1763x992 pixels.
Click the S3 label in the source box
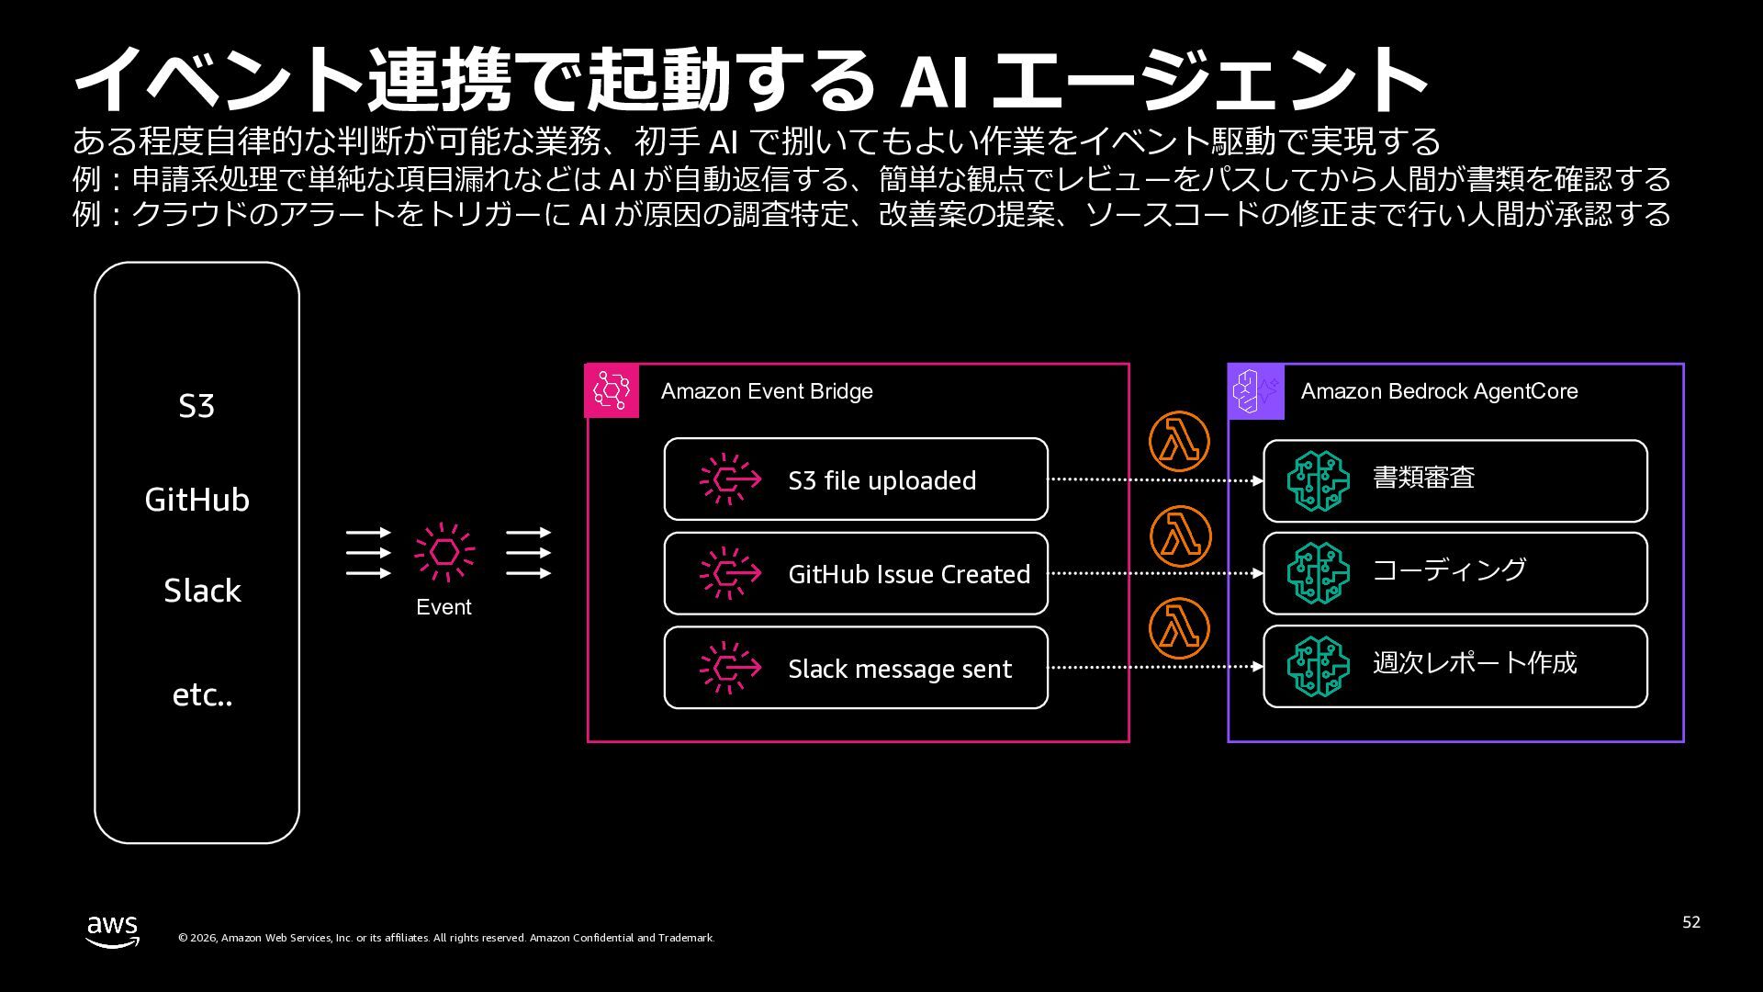coord(197,406)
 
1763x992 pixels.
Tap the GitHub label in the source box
coord(197,500)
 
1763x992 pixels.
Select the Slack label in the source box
coord(202,591)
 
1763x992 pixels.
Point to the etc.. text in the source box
coord(202,695)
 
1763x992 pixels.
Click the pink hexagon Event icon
coord(444,552)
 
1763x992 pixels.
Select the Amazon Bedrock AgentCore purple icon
coord(1256,391)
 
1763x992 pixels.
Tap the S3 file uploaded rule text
coord(881,480)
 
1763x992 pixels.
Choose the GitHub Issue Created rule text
coord(909,574)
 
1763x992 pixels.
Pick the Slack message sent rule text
coord(900,669)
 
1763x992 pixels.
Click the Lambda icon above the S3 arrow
coord(1179,442)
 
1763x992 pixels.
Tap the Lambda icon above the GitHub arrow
coord(1179,535)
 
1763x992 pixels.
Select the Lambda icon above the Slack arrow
coord(1179,628)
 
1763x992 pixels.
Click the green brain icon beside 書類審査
coord(1318,480)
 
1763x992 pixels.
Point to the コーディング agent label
coord(1449,570)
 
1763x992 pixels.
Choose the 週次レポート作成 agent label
coord(1475,663)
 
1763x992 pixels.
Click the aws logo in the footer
coord(113,931)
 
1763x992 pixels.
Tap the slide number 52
coord(1691,922)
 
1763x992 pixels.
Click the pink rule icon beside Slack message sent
coord(730,668)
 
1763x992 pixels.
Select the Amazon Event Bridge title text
coord(767,391)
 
